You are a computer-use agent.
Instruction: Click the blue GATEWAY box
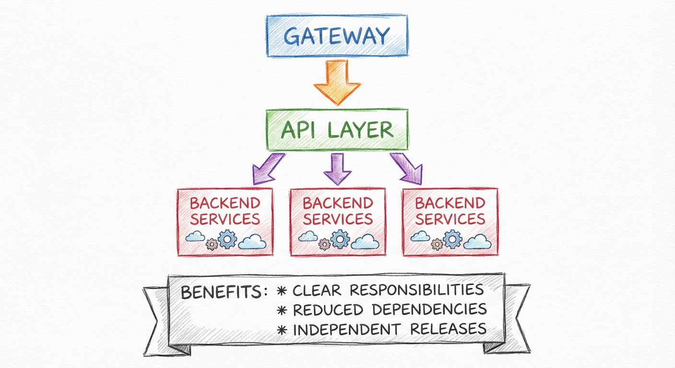click(337, 36)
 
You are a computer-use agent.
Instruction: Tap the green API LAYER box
click(337, 129)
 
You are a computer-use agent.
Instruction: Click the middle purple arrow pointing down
click(337, 169)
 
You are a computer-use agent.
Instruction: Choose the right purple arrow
click(407, 169)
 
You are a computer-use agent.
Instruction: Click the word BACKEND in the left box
click(225, 203)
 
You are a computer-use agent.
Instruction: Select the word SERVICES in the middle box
click(337, 219)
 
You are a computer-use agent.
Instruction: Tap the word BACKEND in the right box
click(450, 203)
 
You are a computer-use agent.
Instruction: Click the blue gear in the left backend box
click(227, 238)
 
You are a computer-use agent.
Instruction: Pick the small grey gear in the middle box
click(325, 244)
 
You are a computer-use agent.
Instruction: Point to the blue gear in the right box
click(452, 238)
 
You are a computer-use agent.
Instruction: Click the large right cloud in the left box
click(252, 241)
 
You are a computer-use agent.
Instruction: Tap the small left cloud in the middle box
click(308, 236)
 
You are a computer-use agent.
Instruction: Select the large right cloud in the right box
click(477, 241)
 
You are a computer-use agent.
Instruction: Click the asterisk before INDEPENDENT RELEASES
click(283, 329)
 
